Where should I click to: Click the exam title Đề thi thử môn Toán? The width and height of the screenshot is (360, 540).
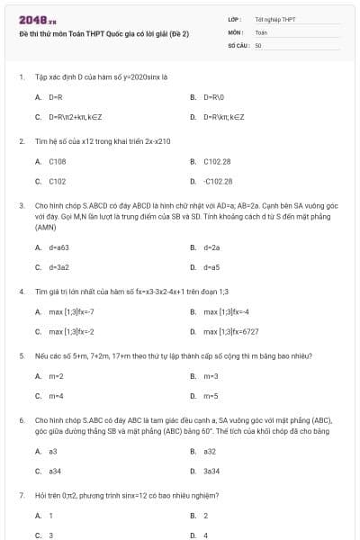103,33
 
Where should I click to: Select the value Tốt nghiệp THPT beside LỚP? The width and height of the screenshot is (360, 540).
275,19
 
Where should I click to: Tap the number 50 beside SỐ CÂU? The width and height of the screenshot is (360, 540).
258,44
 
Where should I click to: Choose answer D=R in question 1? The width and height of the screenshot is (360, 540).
55,96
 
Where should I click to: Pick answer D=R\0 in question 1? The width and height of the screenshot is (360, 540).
212,96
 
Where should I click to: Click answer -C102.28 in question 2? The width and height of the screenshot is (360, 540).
217,181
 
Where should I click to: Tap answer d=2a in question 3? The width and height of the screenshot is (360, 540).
211,247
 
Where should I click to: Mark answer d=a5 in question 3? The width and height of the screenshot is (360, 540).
211,267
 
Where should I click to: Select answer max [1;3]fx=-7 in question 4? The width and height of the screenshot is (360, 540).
71,311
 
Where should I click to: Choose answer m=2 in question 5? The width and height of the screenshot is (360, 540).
56,375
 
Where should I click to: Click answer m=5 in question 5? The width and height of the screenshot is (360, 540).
211,396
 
